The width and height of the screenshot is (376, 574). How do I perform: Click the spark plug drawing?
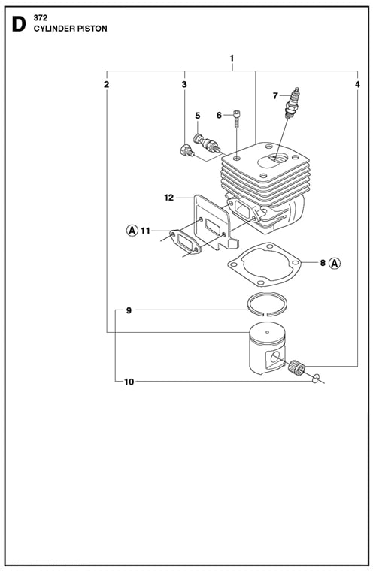[x=292, y=103]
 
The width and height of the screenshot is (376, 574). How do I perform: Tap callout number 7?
[x=275, y=96]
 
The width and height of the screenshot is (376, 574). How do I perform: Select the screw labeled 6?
[x=237, y=118]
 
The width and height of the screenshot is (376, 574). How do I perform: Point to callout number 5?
[x=198, y=116]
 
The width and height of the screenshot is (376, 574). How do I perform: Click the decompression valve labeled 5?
[x=207, y=143]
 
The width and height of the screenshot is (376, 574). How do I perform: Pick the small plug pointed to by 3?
[x=186, y=150]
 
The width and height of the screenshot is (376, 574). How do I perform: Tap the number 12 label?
[x=169, y=198]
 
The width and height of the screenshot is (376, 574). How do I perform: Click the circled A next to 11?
[x=132, y=231]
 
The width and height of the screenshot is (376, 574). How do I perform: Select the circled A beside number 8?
[x=335, y=263]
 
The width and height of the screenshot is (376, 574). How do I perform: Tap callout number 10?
[x=129, y=382]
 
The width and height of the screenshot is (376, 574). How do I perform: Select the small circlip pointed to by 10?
[x=316, y=379]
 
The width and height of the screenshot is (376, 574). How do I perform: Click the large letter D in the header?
[x=19, y=24]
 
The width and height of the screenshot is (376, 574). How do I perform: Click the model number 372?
[x=41, y=18]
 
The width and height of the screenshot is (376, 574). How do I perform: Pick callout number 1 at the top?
[x=232, y=58]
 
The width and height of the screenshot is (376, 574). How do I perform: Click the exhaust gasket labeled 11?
[x=185, y=241]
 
